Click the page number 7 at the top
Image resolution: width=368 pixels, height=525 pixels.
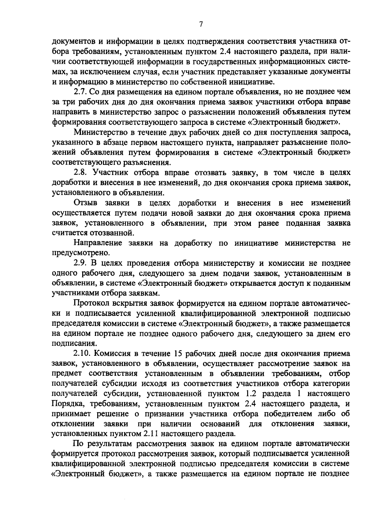[201, 24]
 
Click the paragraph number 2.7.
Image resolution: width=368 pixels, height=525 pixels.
[80, 92]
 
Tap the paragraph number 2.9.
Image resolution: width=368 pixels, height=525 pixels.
[80, 263]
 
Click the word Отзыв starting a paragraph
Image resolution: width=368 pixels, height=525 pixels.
[86, 203]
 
